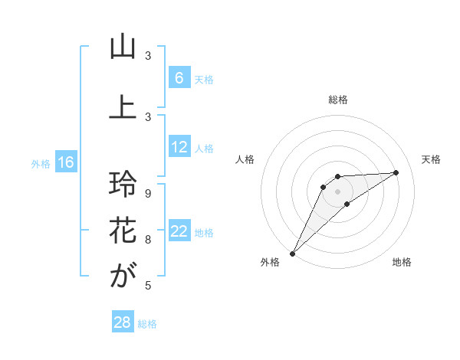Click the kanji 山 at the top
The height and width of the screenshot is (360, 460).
[x=123, y=47]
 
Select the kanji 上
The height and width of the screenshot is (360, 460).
[x=123, y=107]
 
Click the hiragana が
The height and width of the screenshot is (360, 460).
[x=123, y=276]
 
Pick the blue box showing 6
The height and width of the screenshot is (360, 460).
[x=179, y=78]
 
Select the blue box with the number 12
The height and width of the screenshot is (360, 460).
[x=179, y=147]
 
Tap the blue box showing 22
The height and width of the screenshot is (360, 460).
[x=179, y=231]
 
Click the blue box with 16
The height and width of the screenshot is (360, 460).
[x=65, y=162]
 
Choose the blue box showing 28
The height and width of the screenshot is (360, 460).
[x=122, y=322]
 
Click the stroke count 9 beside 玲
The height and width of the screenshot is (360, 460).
[x=148, y=194]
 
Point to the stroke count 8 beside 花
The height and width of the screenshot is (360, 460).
[x=148, y=240]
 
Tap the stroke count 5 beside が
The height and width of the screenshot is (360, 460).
[x=148, y=286]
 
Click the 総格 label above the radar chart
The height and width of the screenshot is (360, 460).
[x=338, y=100]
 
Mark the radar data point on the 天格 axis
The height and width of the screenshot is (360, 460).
[x=396, y=172]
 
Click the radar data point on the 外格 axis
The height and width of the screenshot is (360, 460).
[x=292, y=254]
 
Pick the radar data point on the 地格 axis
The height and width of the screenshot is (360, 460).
[x=347, y=204]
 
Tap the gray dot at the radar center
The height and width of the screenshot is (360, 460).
[x=338, y=191]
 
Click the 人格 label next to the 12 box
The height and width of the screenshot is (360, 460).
[x=204, y=148]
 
